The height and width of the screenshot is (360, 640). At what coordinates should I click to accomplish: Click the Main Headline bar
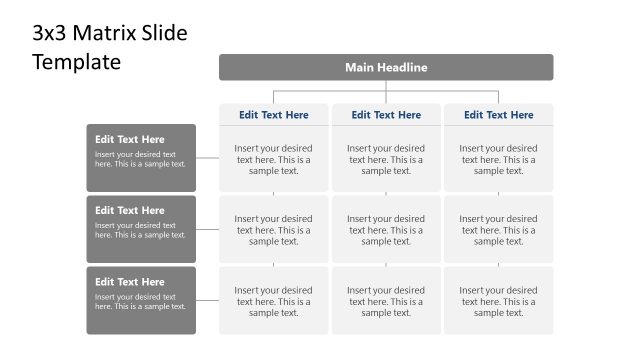tap(386, 67)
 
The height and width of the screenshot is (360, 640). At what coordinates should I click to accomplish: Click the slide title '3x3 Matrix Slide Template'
tap(110, 47)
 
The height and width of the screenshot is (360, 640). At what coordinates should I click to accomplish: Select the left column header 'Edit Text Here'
tap(274, 115)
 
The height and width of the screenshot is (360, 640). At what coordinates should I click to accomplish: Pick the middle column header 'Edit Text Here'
tap(386, 115)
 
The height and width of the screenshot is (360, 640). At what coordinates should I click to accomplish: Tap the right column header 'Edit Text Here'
tap(498, 115)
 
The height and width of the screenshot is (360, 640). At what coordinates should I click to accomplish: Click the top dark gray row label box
tap(141, 157)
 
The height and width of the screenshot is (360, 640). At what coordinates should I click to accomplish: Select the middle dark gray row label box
tap(141, 229)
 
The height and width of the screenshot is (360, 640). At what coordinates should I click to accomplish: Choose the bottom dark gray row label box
tap(141, 300)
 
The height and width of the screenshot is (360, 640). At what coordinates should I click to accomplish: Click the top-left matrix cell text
tap(274, 159)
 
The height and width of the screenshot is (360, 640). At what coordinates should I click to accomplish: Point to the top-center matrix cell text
tap(386, 159)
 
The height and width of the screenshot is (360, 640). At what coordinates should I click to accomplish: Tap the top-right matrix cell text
tap(498, 159)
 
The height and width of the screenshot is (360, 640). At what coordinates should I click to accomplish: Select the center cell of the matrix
tap(386, 230)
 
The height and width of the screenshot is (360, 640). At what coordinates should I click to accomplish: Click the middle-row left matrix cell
tap(274, 230)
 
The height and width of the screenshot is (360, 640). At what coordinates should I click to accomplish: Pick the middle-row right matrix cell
tap(498, 230)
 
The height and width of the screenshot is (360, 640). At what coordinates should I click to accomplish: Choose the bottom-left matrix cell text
tap(274, 301)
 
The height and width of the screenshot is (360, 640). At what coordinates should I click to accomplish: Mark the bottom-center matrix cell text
tap(386, 301)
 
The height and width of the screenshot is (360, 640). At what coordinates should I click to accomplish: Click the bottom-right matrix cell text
tap(498, 301)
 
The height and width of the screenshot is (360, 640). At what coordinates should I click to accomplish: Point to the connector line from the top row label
tap(208, 158)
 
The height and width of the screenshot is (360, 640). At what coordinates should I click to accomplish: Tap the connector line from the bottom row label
tap(208, 300)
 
